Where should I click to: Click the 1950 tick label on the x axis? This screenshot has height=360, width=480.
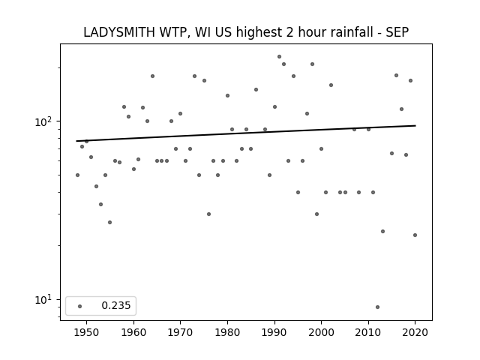click(x=87, y=332)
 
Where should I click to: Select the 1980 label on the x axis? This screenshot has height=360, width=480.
click(x=227, y=332)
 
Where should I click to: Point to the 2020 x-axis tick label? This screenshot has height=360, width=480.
click(x=415, y=332)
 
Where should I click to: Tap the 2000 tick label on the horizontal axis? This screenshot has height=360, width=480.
click(x=322, y=332)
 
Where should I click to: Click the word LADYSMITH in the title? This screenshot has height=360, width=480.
click(x=119, y=32)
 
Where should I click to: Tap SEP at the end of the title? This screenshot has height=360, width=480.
click(x=397, y=32)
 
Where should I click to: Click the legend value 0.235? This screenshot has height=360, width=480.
click(x=116, y=305)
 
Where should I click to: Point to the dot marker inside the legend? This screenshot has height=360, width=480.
click(x=80, y=306)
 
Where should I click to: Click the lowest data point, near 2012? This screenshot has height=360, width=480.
click(x=377, y=307)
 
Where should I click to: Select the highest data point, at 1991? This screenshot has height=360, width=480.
click(x=279, y=57)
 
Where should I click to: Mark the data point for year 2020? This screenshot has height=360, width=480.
click(x=415, y=235)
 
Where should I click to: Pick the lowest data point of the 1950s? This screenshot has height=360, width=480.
click(x=110, y=222)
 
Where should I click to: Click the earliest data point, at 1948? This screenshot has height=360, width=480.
click(x=77, y=175)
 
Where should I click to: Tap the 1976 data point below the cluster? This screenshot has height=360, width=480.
click(x=208, y=214)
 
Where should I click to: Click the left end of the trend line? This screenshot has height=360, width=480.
click(x=76, y=141)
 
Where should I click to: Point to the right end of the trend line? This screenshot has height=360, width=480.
click(x=415, y=125)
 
